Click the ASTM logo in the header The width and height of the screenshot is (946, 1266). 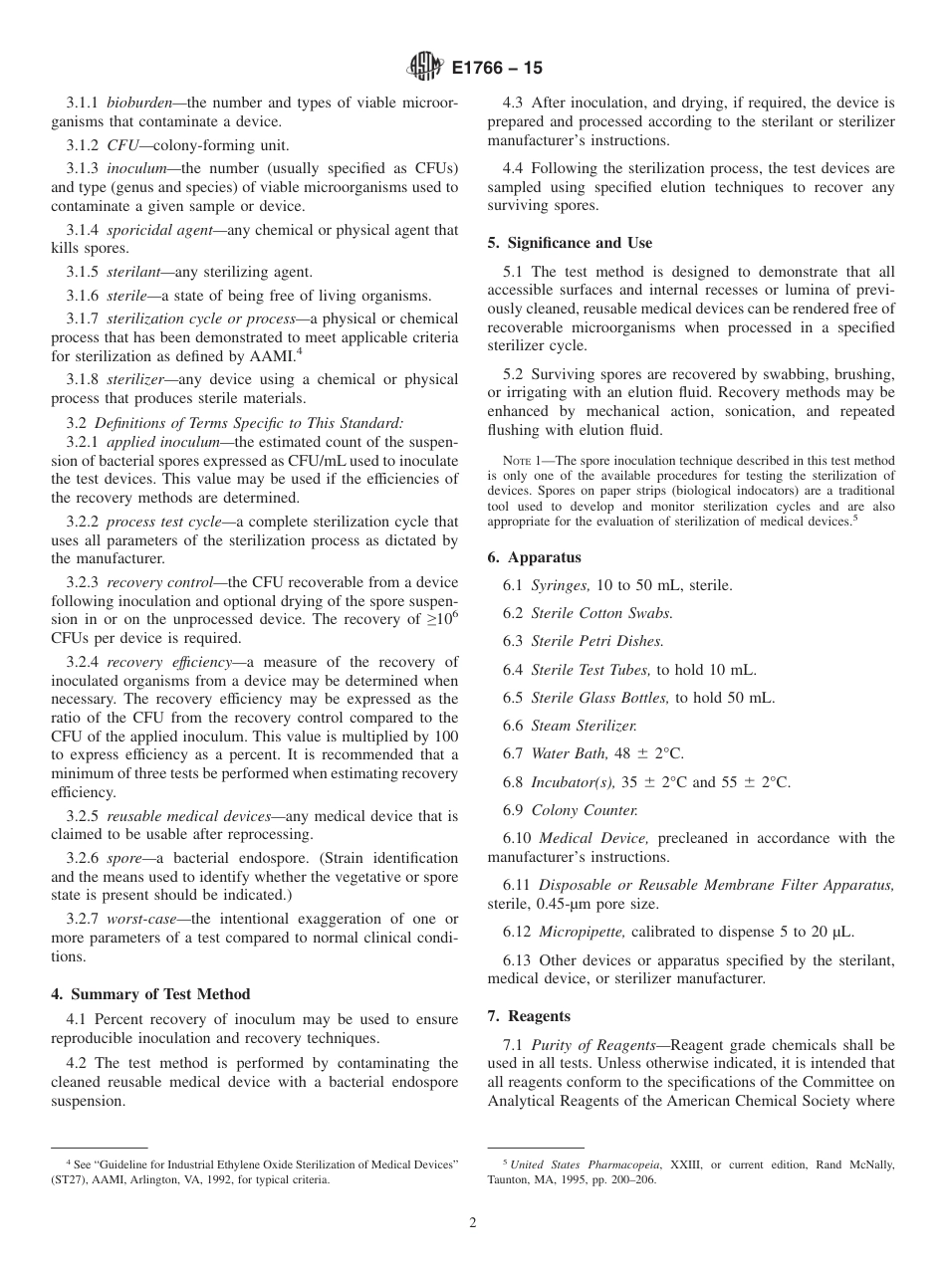[x=425, y=69]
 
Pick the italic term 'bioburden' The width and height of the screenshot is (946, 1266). [x=145, y=104]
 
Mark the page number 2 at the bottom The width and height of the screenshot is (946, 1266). [x=473, y=1223]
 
